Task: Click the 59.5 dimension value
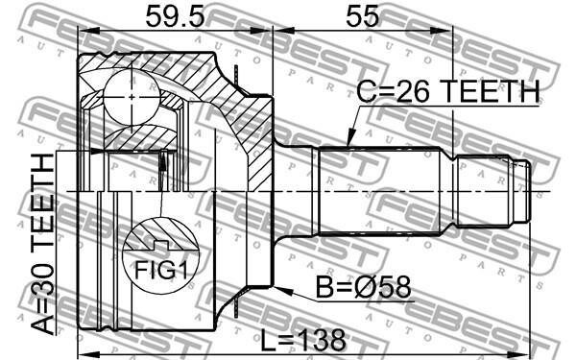(175, 16)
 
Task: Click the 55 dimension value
(362, 16)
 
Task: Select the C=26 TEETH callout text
(448, 91)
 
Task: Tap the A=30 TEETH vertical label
(43, 244)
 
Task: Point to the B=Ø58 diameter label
(364, 288)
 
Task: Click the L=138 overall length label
(303, 340)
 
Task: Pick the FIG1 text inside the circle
(161, 270)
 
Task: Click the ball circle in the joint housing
(132, 97)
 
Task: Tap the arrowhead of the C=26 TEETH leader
(350, 139)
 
